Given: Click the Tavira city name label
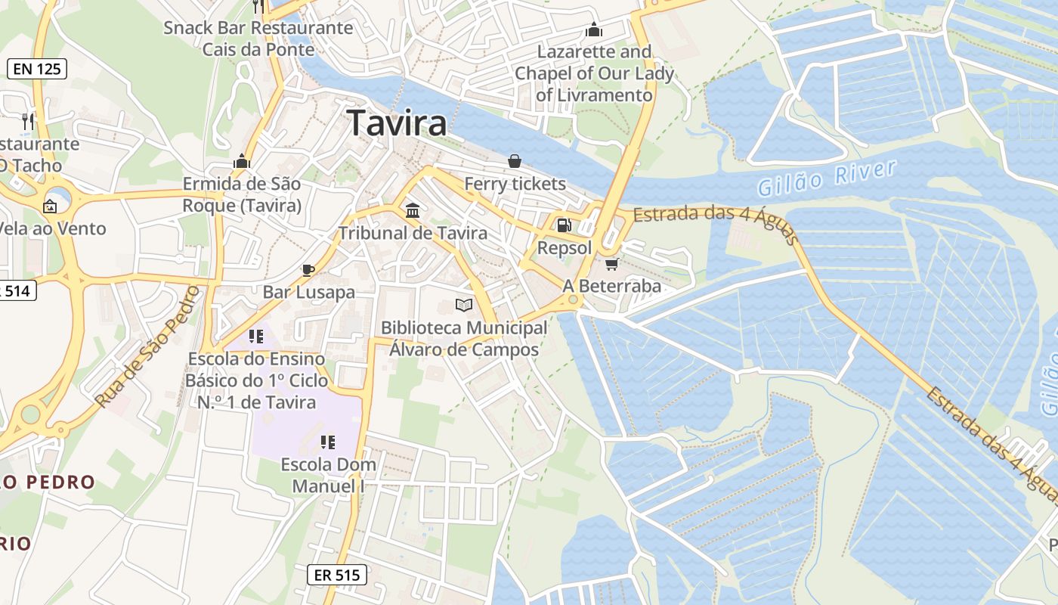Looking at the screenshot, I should pos(397,123).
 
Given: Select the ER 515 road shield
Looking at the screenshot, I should pos(337,575).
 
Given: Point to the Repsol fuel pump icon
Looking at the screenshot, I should pos(564,225).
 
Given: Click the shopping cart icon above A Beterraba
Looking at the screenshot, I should pos(611,264).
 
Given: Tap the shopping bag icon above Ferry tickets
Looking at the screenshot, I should pos(515,161).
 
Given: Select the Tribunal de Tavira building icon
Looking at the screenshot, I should pos(413,210).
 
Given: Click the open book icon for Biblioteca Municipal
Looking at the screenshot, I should pos(464,305).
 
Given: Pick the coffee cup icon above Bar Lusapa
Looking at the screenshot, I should pos(308,269).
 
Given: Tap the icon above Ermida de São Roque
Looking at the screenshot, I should pos(242,161).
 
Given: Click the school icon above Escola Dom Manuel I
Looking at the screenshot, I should pos(328,442).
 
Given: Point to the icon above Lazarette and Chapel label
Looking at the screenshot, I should pos(594,29).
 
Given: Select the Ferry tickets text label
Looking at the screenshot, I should pos(515,184).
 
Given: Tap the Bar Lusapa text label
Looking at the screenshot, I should pos(308,292).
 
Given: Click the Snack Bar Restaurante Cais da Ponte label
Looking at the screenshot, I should pos(258,39).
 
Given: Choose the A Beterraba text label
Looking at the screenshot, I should pos(611,287).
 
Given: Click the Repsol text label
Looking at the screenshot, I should pos(564,248).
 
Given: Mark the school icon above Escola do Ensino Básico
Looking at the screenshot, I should pos(256,336).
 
